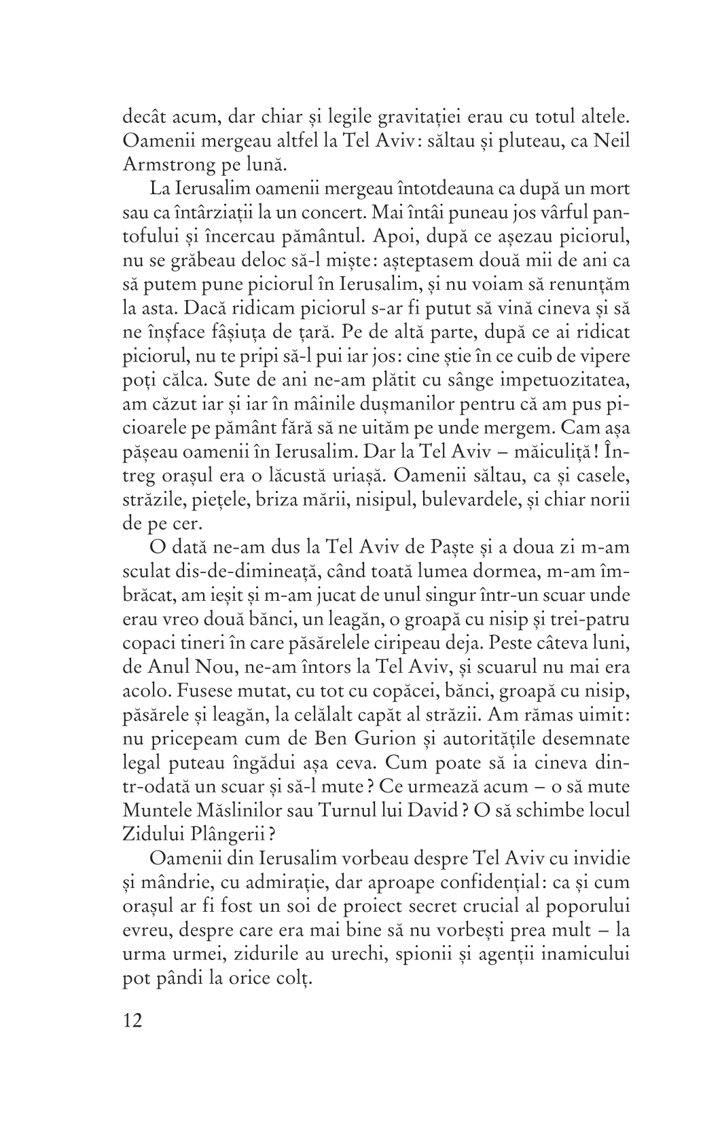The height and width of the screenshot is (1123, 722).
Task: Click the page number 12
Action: tap(133, 1039)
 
